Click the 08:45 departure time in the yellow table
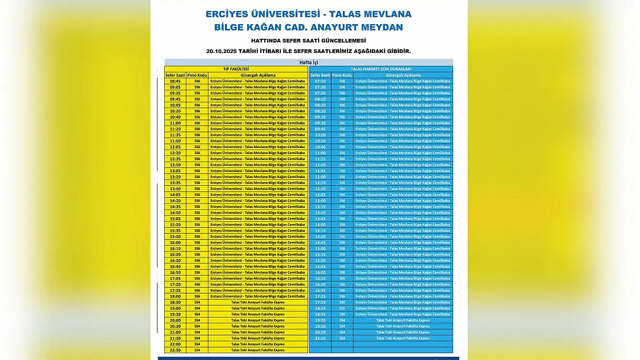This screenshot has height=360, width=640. pos(175,81)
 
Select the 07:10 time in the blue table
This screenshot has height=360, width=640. pos(320,81)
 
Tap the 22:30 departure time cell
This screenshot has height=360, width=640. pos(175,350)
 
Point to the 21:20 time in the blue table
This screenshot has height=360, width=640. pos(320,338)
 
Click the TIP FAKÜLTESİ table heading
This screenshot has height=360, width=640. pos(236,69)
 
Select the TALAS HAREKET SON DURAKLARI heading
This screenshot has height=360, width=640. pos(381,69)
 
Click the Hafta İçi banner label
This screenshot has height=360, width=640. pos(309,62)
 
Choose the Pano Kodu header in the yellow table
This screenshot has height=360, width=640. pos(197,75)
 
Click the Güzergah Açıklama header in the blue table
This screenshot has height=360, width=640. pos(402,75)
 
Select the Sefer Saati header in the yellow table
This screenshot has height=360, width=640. pos(175,75)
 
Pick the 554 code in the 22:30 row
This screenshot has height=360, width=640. pos(197,350)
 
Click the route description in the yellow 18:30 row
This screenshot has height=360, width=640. pos(258,302)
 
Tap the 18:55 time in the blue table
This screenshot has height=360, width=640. pos(320,314)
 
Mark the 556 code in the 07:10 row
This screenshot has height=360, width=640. pos(342,81)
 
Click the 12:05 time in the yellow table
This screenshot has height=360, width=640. pos(175,147)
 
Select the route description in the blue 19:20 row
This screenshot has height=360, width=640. pos(403,320)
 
